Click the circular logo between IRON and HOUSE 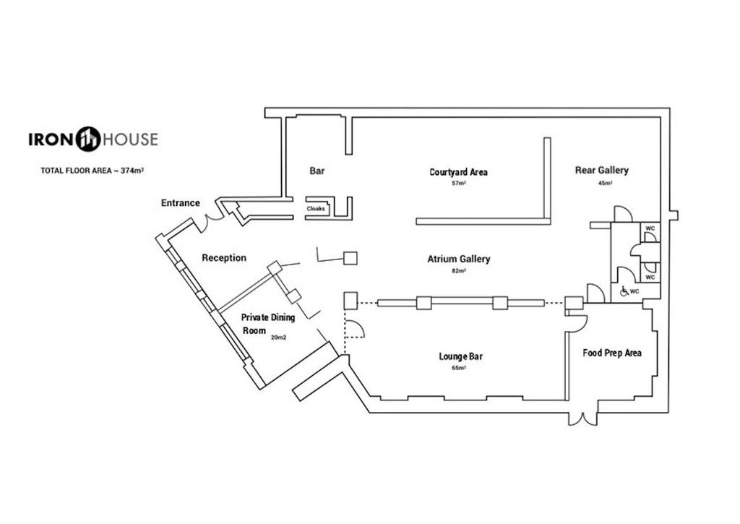(x=88, y=139)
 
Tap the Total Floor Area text (x=92, y=171)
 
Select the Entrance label (x=180, y=203)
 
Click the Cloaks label (x=316, y=208)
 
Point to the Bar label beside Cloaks (x=317, y=171)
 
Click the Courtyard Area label (x=458, y=172)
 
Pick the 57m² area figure (x=459, y=183)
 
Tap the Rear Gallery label (x=602, y=170)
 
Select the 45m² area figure (x=605, y=183)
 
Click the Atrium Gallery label (x=459, y=259)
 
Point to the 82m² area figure (x=459, y=271)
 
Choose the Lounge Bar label (x=460, y=356)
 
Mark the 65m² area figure (x=459, y=368)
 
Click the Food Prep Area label (x=612, y=353)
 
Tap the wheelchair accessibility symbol (x=624, y=291)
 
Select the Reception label (x=224, y=258)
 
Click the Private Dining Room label (x=268, y=324)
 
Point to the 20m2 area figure (x=278, y=338)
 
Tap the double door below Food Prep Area (x=583, y=418)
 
